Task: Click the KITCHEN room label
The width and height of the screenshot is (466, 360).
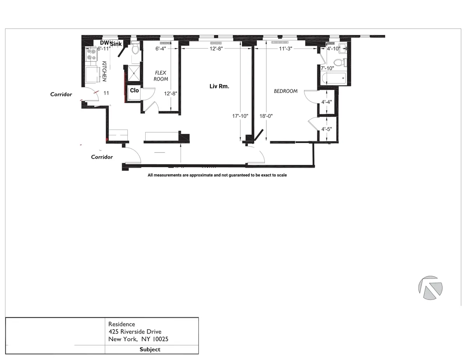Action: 104,71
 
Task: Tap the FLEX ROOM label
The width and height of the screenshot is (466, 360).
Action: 161,76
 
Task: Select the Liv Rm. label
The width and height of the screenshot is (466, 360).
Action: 219,87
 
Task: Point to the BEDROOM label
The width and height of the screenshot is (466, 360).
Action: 285,91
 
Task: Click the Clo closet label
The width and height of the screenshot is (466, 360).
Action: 134,90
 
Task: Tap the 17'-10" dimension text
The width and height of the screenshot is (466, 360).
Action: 239,116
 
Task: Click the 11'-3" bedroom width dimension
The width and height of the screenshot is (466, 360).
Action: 285,49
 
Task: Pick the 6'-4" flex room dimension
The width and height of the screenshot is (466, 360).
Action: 161,49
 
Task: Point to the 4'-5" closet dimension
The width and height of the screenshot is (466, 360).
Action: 326,129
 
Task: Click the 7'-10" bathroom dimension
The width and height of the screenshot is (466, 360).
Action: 327,68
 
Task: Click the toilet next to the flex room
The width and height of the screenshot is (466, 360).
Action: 135,49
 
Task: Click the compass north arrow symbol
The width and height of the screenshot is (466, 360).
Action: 430,288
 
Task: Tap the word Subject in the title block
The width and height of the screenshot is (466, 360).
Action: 150,349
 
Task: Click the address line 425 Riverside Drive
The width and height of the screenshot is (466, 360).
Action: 135,332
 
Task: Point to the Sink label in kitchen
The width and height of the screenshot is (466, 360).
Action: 116,44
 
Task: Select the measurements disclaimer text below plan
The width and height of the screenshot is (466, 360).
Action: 217,175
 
